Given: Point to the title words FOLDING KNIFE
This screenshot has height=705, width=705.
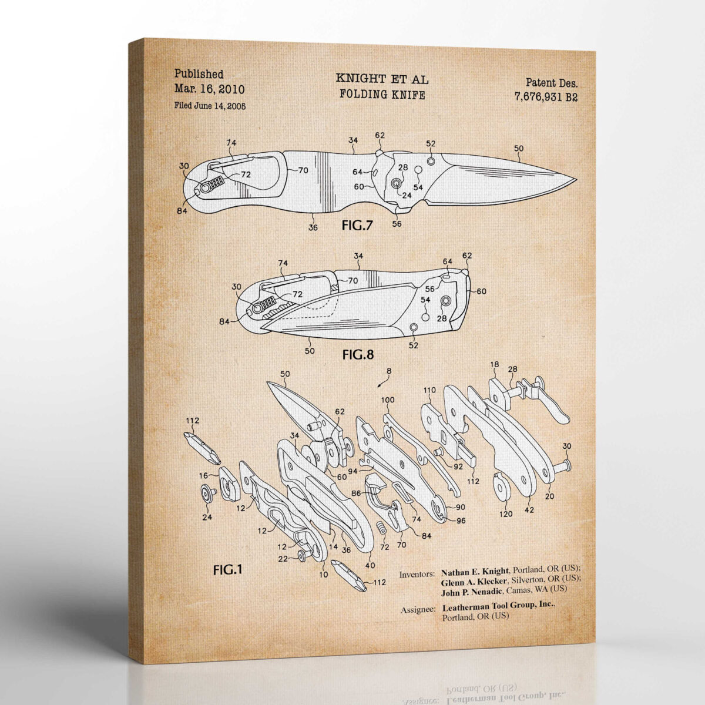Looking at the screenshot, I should point(382,93).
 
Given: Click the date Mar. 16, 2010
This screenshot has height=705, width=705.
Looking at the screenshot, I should point(210,89).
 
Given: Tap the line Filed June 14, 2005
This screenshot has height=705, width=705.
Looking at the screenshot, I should point(210,106).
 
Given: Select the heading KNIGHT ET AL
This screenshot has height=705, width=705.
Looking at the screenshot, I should point(382,78).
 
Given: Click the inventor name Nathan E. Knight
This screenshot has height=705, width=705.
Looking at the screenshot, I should point(476,570).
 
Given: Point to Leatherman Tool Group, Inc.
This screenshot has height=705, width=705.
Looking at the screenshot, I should point(498,605).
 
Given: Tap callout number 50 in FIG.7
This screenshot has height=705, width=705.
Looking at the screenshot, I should point(518,149).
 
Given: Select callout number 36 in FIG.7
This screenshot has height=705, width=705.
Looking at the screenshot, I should point(313,227).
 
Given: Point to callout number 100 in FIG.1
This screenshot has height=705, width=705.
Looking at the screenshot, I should point(388,400).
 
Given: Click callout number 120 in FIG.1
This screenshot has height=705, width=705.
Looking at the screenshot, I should point(505,513).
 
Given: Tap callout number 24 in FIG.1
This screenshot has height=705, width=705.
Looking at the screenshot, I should point(207,517).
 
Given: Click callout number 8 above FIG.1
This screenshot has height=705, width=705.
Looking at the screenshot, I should point(388,371).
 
